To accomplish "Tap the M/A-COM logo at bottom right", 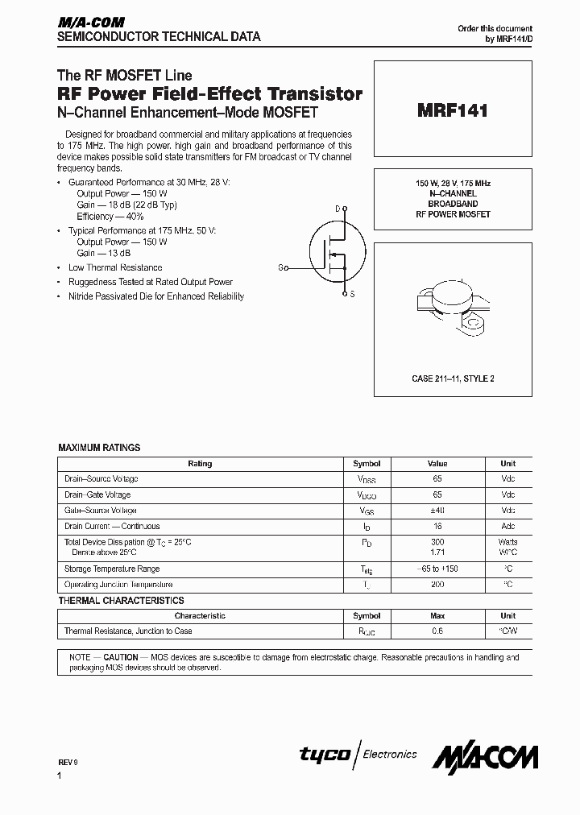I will click(x=485, y=757).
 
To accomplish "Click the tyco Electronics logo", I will click(x=358, y=755).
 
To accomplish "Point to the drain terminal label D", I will click(x=338, y=209).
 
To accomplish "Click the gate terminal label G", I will click(x=281, y=267).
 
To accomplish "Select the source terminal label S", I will click(x=352, y=295).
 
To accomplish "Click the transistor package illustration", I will click(x=452, y=308).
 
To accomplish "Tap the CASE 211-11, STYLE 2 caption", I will click(x=453, y=379).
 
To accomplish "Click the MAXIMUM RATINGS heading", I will click(x=99, y=447).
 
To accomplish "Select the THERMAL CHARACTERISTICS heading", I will click(x=121, y=600).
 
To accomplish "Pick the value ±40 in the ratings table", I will click(x=437, y=511).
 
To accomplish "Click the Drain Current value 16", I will click(x=437, y=527).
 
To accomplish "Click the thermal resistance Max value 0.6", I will click(x=437, y=631).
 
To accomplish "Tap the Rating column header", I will click(x=200, y=464).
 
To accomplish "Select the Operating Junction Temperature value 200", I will click(x=437, y=585).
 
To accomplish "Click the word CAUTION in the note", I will click(x=121, y=657).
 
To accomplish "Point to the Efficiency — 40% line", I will click(x=110, y=217).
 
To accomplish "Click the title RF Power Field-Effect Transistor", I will click(x=209, y=94).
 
